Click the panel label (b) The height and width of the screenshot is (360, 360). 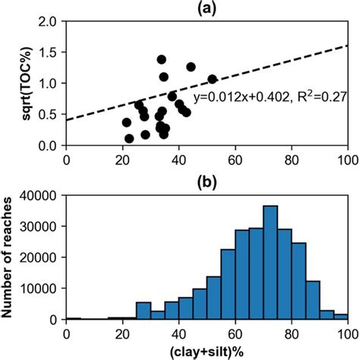click(207, 183)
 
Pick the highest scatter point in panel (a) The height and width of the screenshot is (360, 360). click(162, 59)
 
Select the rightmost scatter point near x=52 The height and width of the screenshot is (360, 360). click(212, 79)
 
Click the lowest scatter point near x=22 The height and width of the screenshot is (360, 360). click(129, 138)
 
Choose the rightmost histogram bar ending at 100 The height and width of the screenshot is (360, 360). click(341, 316)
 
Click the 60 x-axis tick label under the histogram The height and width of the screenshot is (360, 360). click(235, 331)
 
